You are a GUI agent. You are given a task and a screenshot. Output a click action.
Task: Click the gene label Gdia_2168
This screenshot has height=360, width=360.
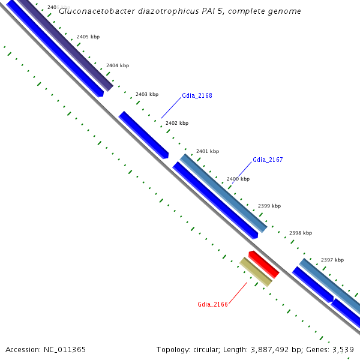[x=197, y=95]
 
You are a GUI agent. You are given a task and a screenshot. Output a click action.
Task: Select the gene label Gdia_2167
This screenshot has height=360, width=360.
[x=268, y=160]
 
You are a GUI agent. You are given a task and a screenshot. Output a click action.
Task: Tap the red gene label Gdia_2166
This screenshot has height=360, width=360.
[x=212, y=304]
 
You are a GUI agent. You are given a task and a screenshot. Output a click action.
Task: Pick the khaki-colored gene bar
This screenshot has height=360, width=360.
[x=256, y=272]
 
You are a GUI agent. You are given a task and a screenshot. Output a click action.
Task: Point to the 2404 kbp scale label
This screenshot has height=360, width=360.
[x=117, y=65]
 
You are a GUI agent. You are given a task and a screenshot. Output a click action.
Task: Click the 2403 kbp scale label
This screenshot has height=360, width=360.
[x=146, y=94]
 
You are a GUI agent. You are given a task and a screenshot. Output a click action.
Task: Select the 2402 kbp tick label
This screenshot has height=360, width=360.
[x=176, y=123]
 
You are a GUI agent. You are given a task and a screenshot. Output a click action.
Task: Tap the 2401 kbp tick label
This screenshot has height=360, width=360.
[x=207, y=151]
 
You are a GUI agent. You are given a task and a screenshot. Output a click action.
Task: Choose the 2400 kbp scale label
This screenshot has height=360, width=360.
[x=238, y=179]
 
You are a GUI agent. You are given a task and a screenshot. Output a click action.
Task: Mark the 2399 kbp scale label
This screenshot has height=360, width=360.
[x=269, y=206]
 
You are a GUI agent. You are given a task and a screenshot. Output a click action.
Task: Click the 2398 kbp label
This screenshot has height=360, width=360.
[x=300, y=233]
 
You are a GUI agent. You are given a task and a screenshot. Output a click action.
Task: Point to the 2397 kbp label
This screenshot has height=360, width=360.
[x=332, y=260]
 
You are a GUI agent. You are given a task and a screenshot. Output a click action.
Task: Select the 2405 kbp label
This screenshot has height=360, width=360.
[x=88, y=37]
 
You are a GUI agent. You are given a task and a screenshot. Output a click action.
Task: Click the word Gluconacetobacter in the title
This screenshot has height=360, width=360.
[x=94, y=11]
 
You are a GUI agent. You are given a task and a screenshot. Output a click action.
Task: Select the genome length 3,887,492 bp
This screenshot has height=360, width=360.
[x=271, y=349]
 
